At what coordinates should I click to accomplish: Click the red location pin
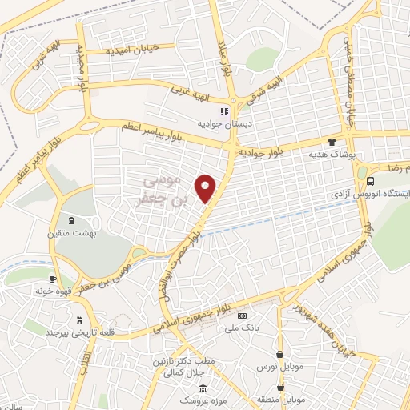[207, 187]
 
